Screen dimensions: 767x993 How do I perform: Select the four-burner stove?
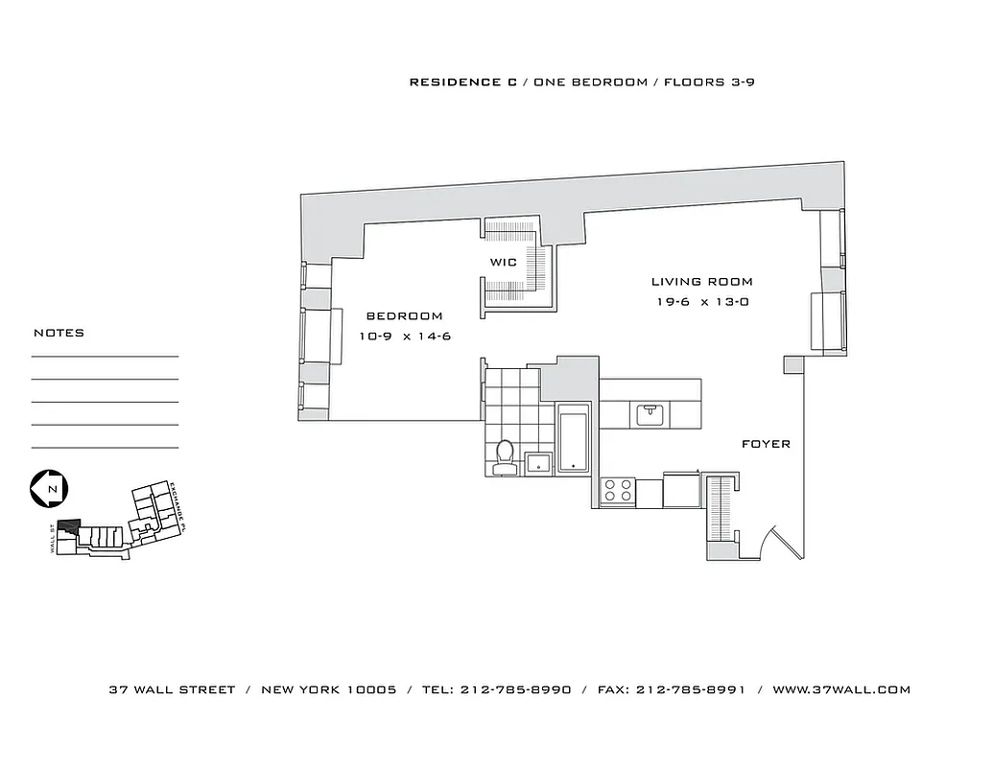617,491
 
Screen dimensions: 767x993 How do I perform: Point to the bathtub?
573,439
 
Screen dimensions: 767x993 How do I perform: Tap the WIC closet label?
504,262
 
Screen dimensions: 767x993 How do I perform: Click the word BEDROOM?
404,316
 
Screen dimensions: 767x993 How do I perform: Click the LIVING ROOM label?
701,282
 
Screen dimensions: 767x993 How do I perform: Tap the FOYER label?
766,444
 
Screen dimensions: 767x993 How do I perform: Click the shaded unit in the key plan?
68,526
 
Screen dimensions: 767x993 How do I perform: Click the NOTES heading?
59,333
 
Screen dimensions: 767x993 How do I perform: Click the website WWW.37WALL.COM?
841,689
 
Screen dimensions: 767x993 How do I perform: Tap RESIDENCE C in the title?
456,82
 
